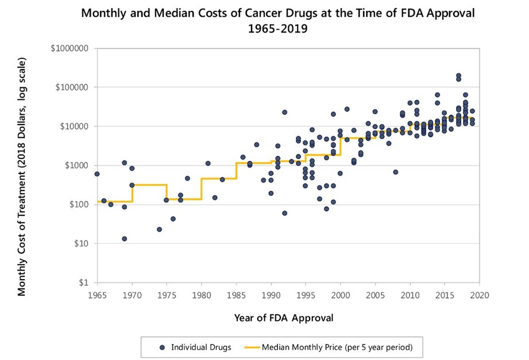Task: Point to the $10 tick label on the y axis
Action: (80, 243)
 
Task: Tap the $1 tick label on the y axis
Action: (82, 282)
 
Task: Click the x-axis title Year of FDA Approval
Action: (284, 318)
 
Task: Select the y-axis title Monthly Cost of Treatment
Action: (22, 177)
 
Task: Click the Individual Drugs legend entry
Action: (196, 347)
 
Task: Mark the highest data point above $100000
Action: (458, 76)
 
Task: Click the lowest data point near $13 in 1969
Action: (124, 239)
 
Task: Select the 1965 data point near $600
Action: (96, 174)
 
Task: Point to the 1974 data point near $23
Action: (159, 229)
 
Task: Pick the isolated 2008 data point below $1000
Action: (396, 172)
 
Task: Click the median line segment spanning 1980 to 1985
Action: (218, 179)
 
